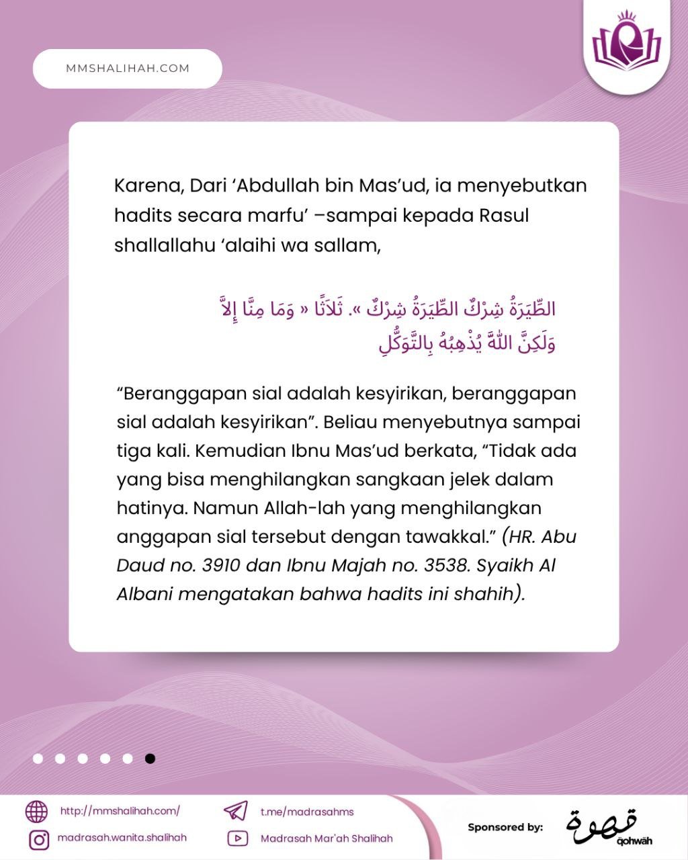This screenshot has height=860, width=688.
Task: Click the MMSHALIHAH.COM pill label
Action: click(128, 69)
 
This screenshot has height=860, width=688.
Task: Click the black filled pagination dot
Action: click(150, 759)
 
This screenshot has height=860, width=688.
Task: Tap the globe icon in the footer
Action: click(37, 812)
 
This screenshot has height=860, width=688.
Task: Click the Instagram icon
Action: click(38, 839)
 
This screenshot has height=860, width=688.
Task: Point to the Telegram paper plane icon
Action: click(236, 810)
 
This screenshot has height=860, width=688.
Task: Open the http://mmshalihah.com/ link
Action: click(120, 811)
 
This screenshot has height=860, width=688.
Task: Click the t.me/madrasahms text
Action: click(307, 812)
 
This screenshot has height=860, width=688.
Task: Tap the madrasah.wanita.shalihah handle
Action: click(122, 838)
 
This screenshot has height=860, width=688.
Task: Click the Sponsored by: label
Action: click(505, 827)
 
